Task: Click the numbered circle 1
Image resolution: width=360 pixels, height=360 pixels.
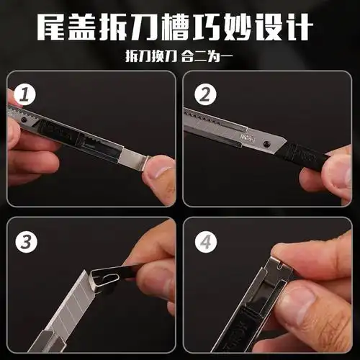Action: tap(27, 94)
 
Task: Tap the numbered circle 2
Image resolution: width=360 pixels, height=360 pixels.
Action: tap(205, 94)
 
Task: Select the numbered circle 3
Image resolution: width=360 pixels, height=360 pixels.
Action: tap(27, 242)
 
